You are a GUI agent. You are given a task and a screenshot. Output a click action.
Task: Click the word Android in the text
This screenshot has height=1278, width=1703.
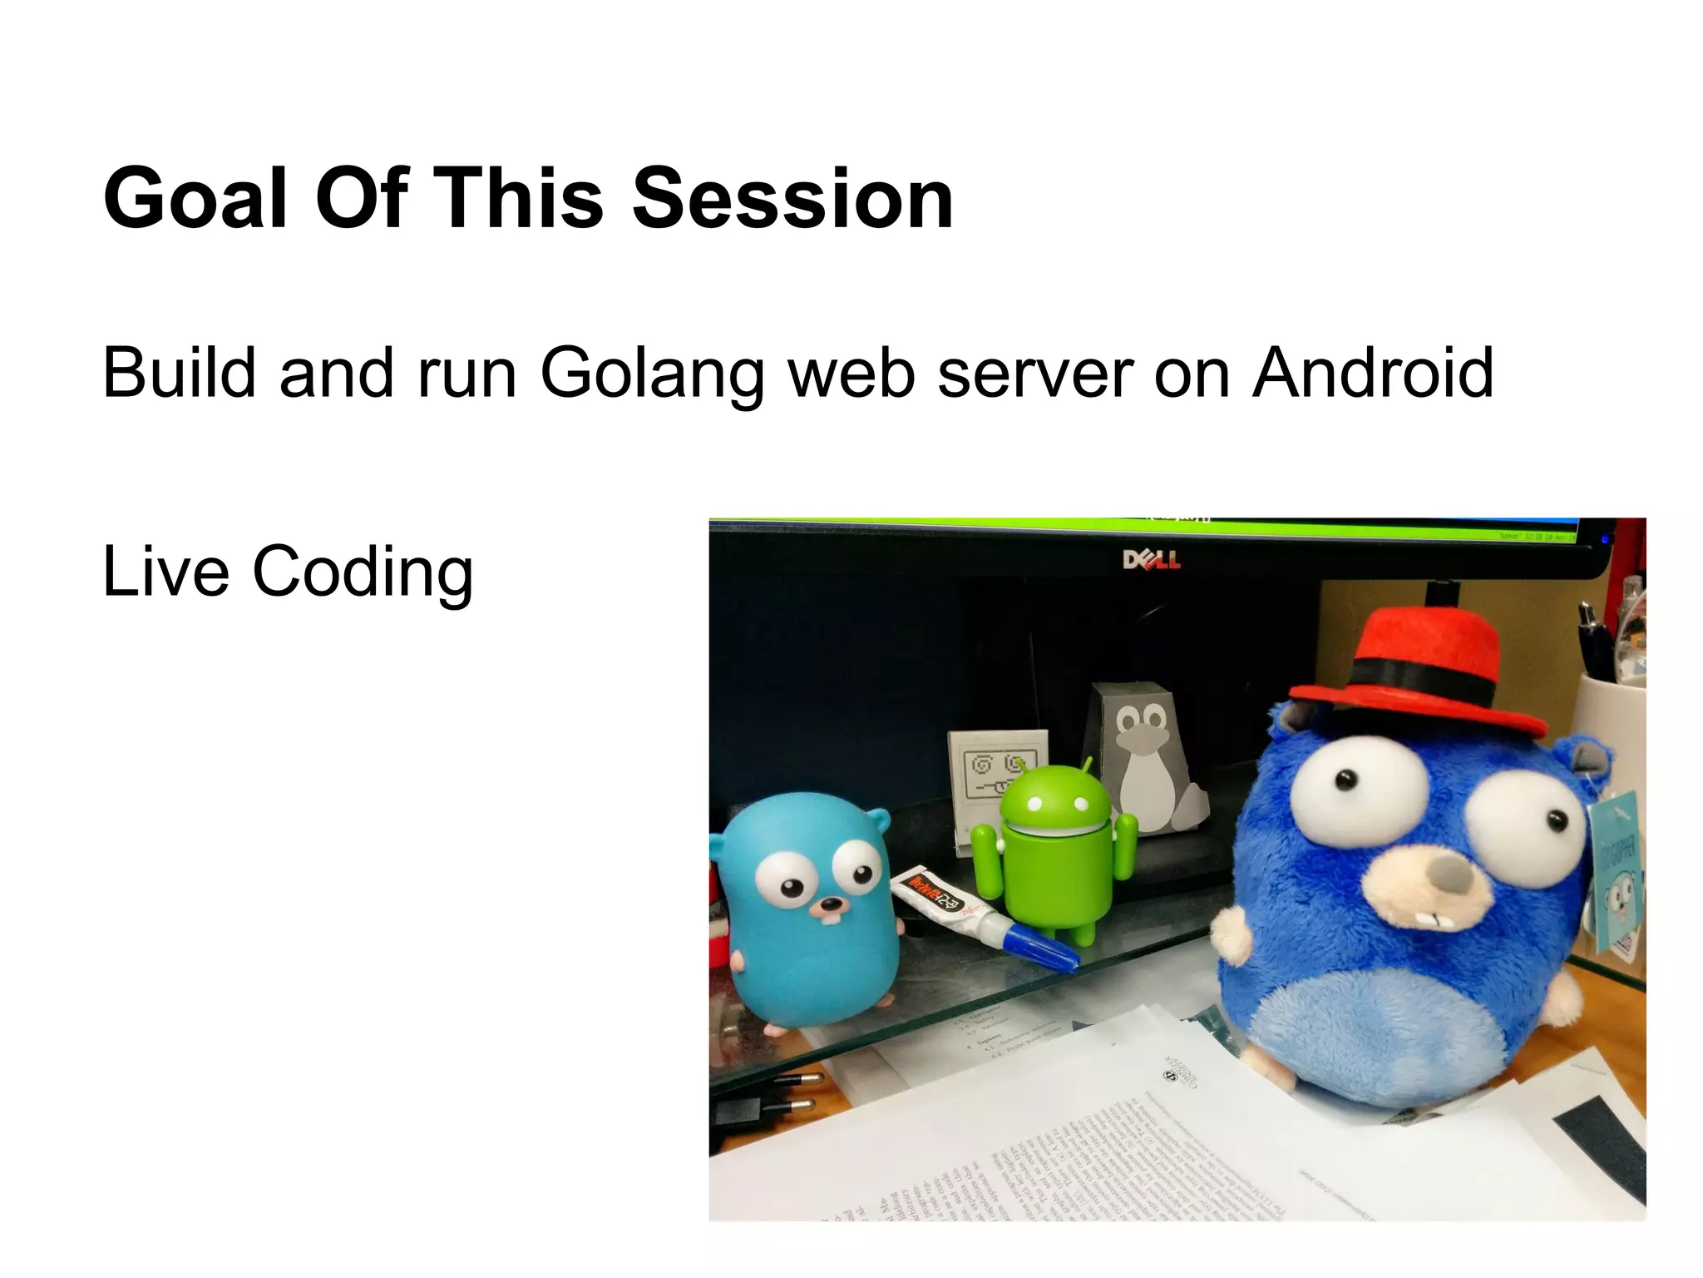1373,372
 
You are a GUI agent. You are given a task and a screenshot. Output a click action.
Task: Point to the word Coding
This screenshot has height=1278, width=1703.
363,572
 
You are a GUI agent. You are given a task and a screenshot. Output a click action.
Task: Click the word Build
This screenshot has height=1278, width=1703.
179,372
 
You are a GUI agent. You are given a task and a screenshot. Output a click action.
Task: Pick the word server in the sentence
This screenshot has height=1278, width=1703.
1035,374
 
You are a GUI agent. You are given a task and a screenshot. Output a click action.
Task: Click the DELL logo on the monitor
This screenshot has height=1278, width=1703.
1151,560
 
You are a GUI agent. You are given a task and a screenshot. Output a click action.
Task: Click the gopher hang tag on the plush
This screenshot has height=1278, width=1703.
1617,874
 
